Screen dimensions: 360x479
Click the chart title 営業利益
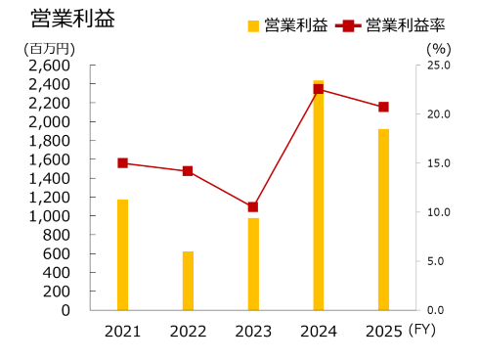(x=60, y=19)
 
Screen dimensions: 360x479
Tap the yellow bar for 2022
(x=188, y=281)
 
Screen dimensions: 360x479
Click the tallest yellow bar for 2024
(x=319, y=196)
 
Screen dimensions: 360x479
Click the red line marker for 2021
(x=123, y=163)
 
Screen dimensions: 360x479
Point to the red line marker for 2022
(x=188, y=171)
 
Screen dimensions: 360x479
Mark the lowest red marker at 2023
(x=253, y=206)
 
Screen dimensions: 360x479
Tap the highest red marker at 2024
(x=319, y=89)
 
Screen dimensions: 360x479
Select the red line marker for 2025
(x=383, y=107)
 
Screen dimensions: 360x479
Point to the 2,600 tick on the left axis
(x=49, y=66)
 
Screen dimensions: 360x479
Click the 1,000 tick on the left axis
(x=49, y=216)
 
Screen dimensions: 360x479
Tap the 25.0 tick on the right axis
(x=437, y=66)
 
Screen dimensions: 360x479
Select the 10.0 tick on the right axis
(x=437, y=212)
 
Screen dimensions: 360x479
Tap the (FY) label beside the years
(x=423, y=331)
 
